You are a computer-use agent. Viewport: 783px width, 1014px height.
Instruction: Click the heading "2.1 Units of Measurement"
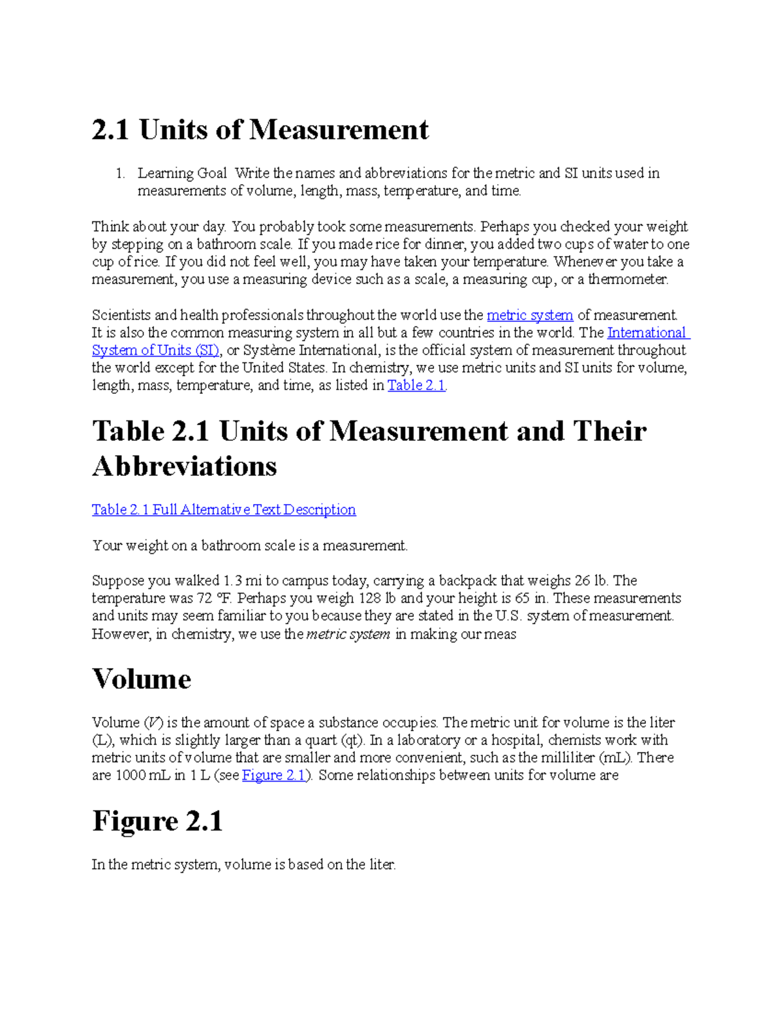[260, 129]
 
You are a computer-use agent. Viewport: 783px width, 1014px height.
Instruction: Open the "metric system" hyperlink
[530, 315]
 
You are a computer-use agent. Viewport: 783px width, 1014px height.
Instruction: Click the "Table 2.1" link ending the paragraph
[416, 385]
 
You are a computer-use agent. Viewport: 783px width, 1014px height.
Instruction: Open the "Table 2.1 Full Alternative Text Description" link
[224, 509]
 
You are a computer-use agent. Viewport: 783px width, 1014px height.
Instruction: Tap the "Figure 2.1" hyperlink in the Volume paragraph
[274, 775]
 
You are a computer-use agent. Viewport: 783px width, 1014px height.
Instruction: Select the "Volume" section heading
[142, 679]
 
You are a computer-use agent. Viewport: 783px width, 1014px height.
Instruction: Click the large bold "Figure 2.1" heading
[157, 821]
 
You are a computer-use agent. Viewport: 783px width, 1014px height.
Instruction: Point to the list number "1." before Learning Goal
[119, 174]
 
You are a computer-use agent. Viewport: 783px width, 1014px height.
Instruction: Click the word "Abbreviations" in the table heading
[185, 466]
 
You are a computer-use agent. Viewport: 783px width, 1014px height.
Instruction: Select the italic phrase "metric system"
[348, 634]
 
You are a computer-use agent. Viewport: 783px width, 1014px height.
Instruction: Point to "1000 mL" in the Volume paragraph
[142, 775]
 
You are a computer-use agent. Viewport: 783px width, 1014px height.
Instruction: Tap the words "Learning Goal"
[182, 174]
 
